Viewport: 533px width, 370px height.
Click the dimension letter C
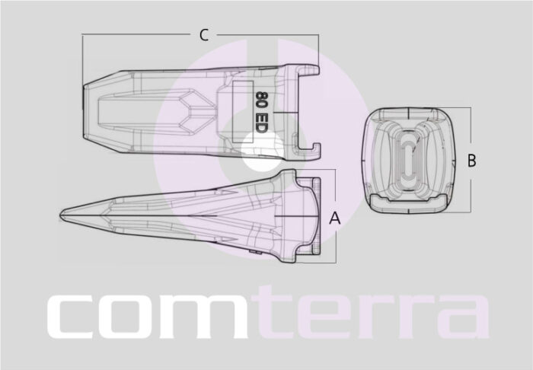point(203,35)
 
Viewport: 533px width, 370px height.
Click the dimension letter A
point(335,218)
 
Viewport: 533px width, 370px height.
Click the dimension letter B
point(471,161)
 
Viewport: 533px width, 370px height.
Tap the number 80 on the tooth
point(261,99)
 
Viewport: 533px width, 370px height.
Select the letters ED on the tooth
point(261,123)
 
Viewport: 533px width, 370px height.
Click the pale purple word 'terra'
point(373,312)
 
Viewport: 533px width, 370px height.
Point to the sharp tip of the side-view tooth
point(61,215)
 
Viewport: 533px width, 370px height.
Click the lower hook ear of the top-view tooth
point(308,149)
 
